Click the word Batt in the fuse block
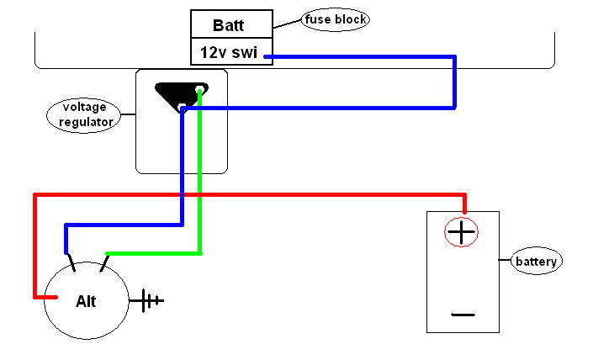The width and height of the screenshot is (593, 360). (x=229, y=25)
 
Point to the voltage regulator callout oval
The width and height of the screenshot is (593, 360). (x=84, y=115)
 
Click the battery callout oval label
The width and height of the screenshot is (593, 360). (x=537, y=261)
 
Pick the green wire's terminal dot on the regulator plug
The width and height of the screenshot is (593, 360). (x=199, y=90)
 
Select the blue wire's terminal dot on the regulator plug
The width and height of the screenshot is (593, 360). (x=182, y=108)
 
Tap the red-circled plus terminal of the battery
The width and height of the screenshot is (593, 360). (x=461, y=231)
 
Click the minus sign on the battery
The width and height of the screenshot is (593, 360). (x=463, y=315)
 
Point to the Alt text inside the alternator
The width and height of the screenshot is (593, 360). (x=86, y=301)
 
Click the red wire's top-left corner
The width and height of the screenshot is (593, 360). (x=34, y=195)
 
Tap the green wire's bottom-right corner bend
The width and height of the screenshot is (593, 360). (x=199, y=252)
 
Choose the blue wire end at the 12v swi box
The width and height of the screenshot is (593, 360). (x=269, y=57)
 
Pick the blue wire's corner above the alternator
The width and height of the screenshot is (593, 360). (x=66, y=225)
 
